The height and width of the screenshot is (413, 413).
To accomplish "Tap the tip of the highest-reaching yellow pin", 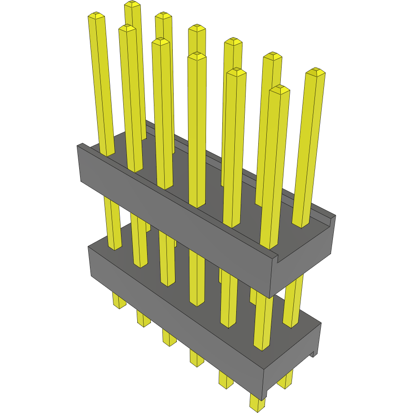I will (x=132, y=4).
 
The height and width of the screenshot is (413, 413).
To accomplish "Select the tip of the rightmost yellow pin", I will (x=315, y=72).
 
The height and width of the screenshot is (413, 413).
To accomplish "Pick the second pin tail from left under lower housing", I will (x=144, y=319).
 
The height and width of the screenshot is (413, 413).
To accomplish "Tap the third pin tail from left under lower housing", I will (x=169, y=338).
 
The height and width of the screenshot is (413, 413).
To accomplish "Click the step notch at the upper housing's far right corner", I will (x=332, y=219).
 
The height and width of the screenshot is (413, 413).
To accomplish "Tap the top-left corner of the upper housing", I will (x=80, y=145).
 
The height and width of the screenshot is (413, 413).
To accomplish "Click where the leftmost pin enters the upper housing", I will (x=107, y=154).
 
